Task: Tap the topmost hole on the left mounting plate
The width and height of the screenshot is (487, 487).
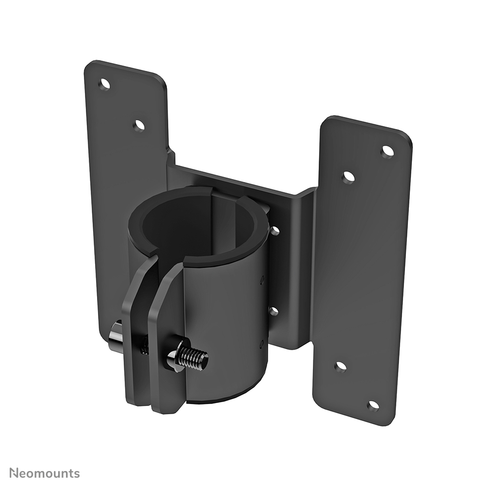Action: click(104, 84)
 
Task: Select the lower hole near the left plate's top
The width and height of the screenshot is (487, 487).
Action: click(139, 126)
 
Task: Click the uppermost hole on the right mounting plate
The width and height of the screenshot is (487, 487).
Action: click(388, 151)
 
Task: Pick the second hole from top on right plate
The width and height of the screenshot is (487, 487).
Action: click(348, 178)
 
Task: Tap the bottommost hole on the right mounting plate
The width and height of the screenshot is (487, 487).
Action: click(373, 405)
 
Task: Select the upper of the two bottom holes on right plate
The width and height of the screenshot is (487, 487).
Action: click(341, 367)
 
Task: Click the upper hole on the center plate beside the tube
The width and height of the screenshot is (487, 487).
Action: click(275, 230)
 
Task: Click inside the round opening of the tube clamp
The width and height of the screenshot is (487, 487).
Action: click(194, 223)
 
